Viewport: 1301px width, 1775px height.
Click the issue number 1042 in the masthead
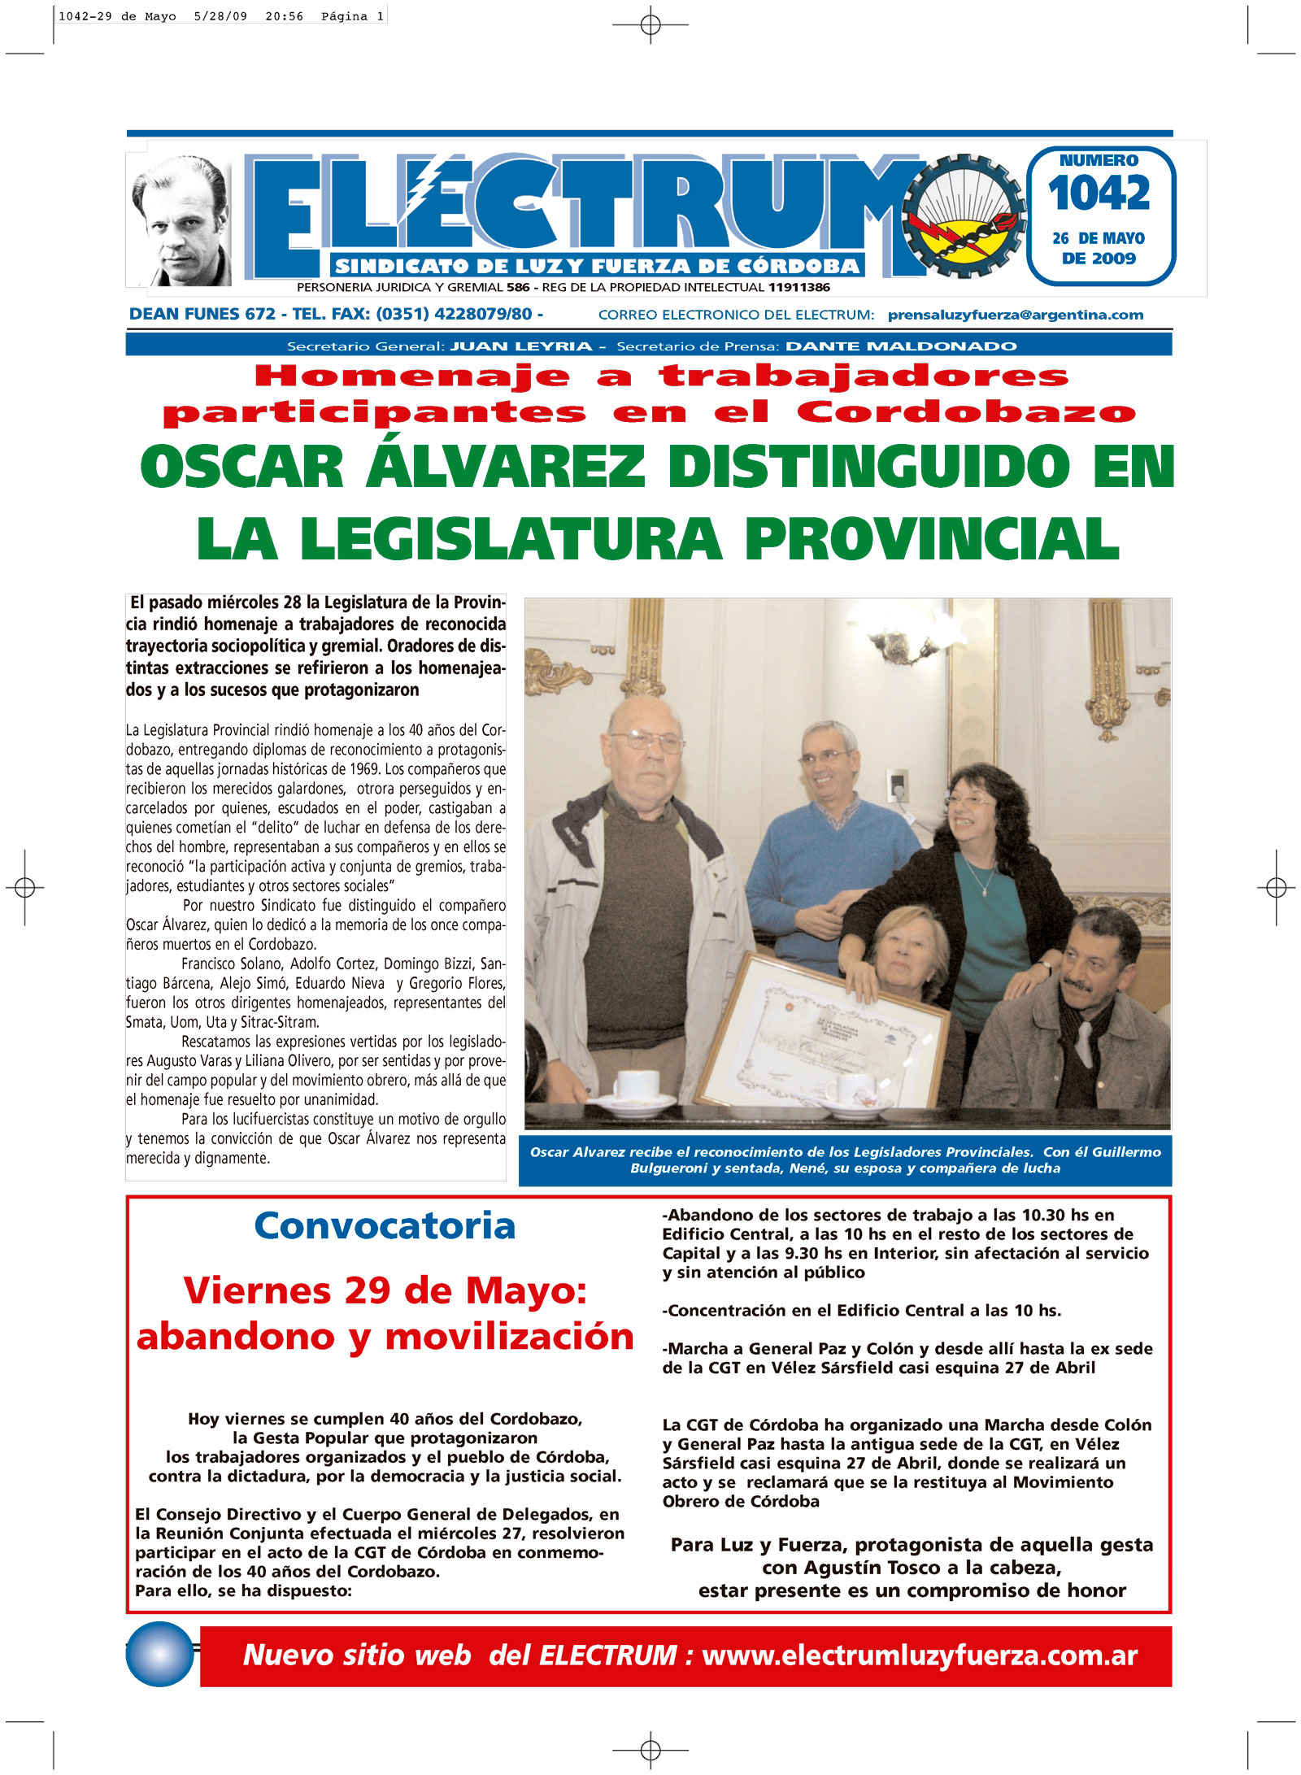click(1099, 193)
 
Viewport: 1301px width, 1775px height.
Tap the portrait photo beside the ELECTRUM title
click(181, 221)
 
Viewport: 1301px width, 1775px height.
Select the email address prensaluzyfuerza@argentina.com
click(1016, 315)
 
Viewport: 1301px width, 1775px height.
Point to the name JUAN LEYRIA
click(521, 346)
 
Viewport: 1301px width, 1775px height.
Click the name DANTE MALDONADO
click(901, 346)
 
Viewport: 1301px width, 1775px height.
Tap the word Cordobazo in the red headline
click(966, 412)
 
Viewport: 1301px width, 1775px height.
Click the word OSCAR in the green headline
click(242, 468)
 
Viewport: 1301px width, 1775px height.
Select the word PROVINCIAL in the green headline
click(932, 539)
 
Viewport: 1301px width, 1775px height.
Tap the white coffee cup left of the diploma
click(637, 1085)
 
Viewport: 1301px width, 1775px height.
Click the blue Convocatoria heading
click(385, 1226)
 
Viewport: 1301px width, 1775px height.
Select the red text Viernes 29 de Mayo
click(385, 1291)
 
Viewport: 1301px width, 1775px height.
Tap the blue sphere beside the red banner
click(160, 1654)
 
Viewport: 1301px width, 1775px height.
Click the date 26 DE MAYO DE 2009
click(1099, 248)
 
